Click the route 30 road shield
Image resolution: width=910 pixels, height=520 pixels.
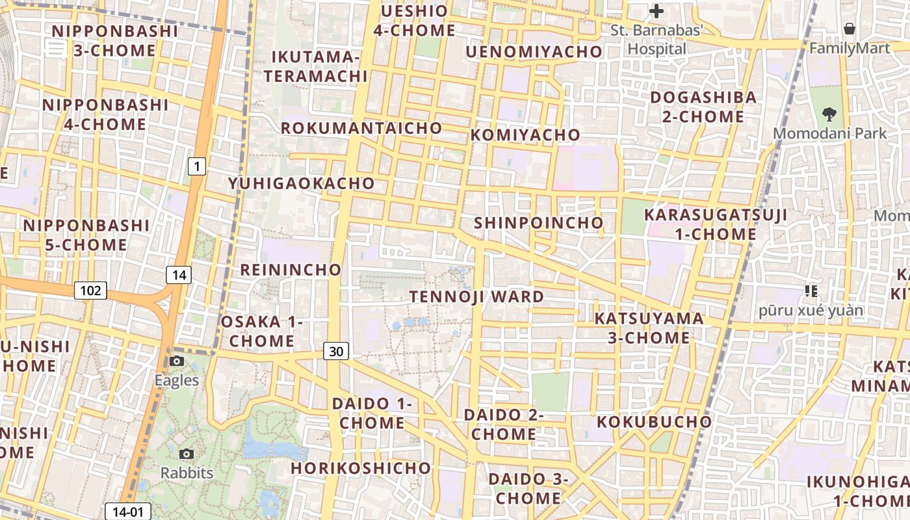(336, 352)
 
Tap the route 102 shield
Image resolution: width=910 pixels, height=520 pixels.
(90, 290)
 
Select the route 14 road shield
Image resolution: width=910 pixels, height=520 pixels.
(179, 275)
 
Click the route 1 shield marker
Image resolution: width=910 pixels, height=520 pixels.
(197, 167)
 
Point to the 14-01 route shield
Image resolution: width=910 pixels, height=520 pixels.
(127, 512)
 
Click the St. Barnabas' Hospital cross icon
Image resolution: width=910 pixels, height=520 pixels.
(656, 11)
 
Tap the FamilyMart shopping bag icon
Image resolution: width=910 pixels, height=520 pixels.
(849, 29)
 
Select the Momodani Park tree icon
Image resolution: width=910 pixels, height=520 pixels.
(829, 114)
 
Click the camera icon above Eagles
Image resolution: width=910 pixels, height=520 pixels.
(176, 361)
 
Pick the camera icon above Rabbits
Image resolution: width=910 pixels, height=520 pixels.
(187, 454)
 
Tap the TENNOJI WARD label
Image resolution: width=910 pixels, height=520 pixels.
(476, 297)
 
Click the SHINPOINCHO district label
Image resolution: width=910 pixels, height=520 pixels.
(539, 223)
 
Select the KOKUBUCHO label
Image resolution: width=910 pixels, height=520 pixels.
(655, 422)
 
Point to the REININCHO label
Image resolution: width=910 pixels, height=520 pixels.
(291, 270)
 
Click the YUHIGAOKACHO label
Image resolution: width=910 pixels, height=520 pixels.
(302, 183)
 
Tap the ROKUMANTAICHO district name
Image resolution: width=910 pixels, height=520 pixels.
(361, 128)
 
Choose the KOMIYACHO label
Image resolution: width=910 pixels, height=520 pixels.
(525, 135)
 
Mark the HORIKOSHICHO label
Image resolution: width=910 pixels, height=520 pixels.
(361, 468)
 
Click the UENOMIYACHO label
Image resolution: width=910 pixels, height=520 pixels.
(534, 51)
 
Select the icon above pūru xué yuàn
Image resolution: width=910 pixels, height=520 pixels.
(811, 291)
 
